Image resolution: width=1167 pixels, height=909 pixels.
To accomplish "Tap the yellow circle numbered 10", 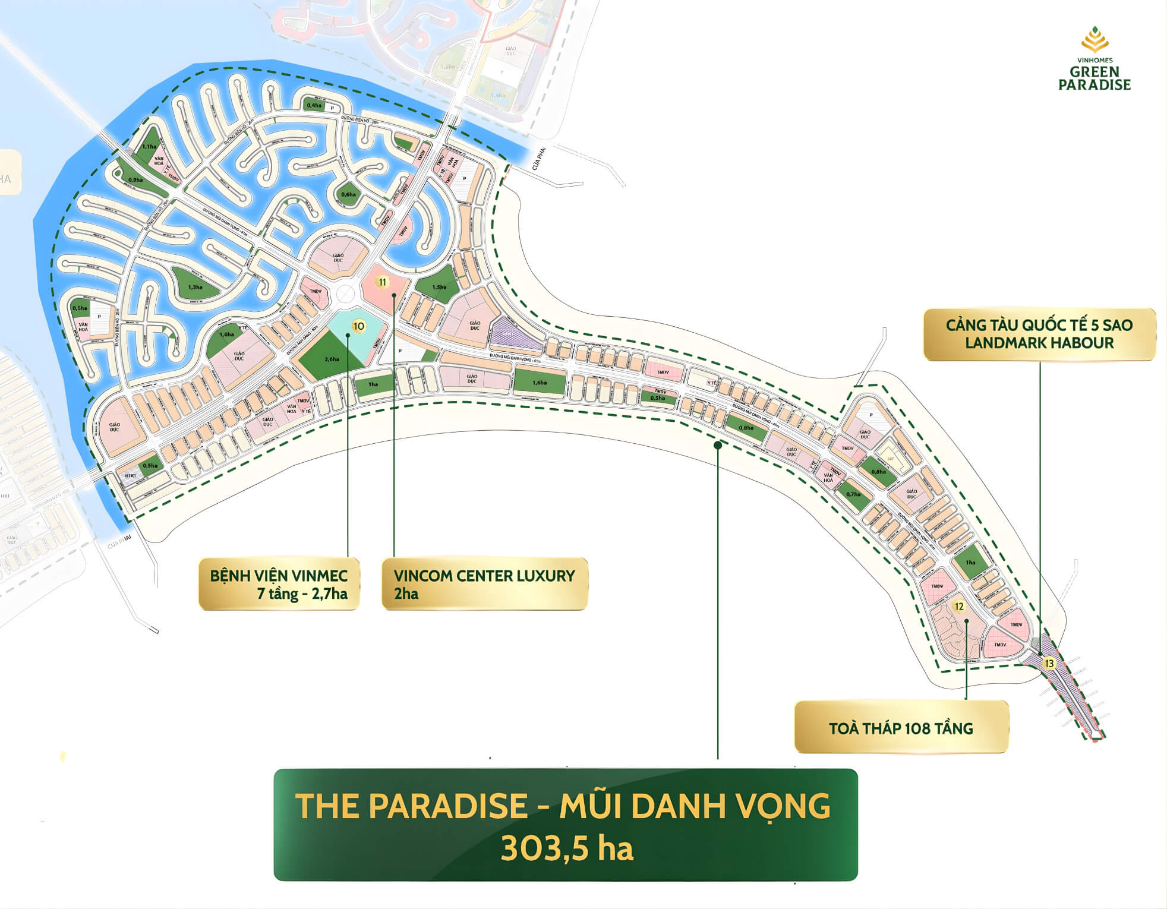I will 358,326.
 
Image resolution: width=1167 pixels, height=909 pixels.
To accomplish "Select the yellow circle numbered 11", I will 383,282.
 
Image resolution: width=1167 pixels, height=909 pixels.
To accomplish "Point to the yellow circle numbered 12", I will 958,607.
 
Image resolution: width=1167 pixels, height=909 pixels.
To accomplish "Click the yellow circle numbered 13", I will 1049,664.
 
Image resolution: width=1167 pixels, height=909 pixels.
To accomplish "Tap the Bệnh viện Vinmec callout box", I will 279,584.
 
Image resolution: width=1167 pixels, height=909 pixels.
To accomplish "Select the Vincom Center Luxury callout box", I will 484,584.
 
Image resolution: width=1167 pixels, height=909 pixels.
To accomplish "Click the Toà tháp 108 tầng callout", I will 901,728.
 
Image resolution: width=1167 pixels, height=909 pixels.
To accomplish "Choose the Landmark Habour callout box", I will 1039,334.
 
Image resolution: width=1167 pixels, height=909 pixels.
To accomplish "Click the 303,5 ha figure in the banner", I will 566,848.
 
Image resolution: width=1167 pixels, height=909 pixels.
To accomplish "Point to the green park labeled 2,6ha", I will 331,359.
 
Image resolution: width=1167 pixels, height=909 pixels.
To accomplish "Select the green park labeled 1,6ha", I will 540,382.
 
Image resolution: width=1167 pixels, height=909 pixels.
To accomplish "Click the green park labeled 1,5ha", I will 439,287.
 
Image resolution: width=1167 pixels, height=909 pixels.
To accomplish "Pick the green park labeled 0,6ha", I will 348,194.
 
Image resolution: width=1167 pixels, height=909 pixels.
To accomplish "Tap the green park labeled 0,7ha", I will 853,494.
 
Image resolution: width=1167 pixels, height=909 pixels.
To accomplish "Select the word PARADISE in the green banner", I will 447,806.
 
